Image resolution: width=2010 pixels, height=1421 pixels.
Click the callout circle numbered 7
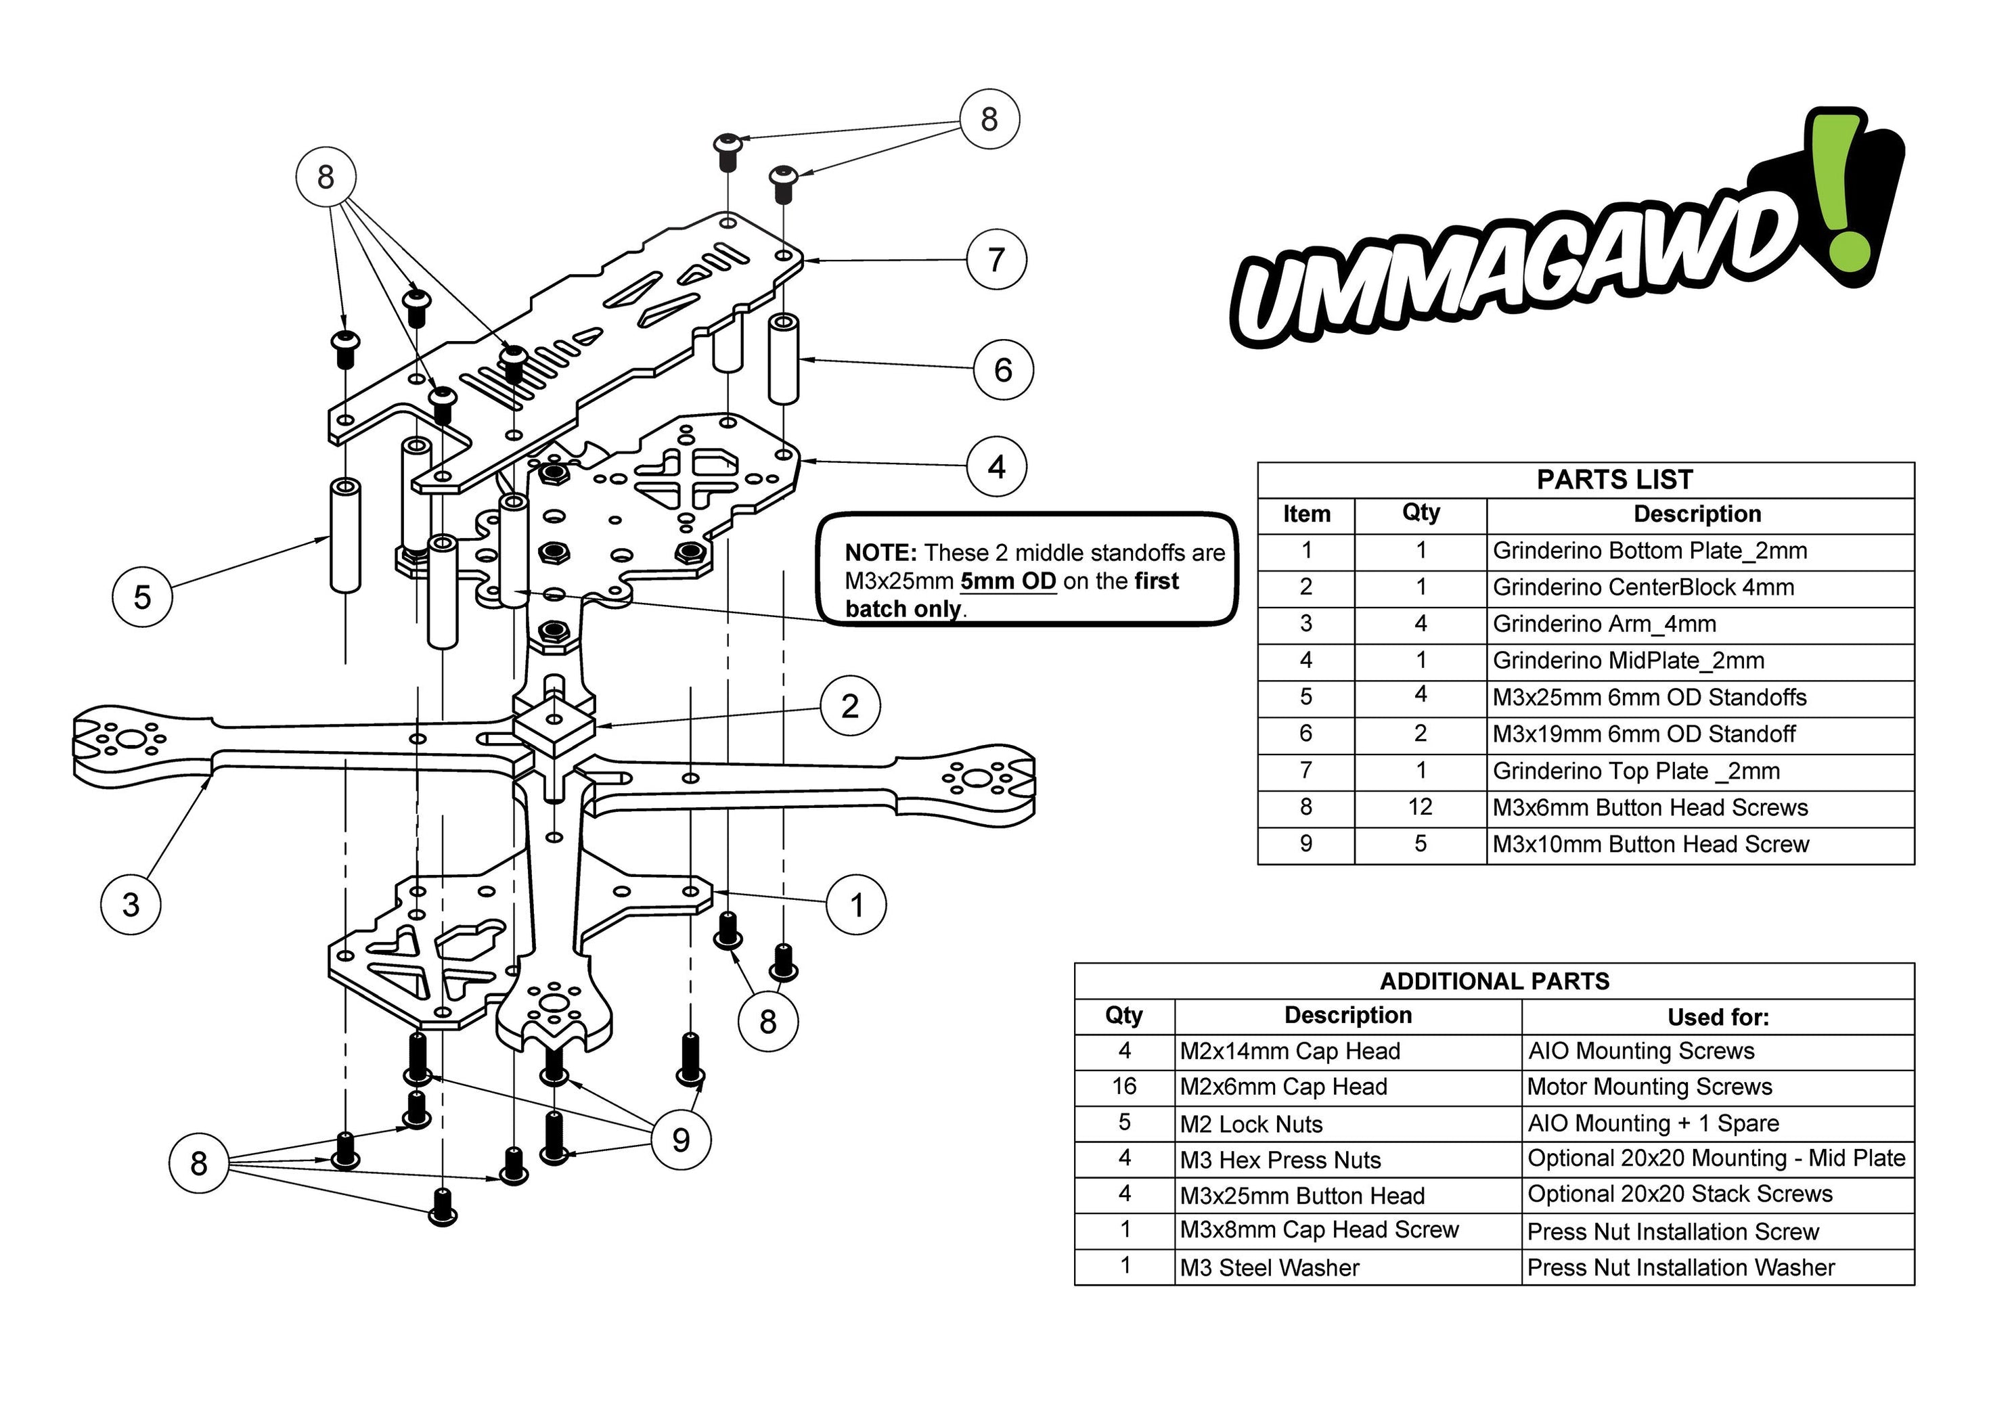click(996, 260)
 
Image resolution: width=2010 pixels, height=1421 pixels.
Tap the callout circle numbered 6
click(1003, 369)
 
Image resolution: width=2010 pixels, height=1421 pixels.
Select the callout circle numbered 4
click(996, 467)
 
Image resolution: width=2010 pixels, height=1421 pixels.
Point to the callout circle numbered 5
click(142, 597)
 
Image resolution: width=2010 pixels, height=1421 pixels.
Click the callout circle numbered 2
click(850, 706)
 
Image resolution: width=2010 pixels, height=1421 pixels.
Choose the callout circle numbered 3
click(131, 905)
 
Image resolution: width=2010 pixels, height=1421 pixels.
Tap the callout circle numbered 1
click(856, 905)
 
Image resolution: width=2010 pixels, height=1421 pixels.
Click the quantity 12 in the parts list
click(1420, 807)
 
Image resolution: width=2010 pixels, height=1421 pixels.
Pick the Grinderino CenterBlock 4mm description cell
click(1643, 587)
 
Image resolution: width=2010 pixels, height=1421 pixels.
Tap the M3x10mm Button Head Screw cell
click(1649, 844)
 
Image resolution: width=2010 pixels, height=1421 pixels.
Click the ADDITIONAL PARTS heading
click(1494, 980)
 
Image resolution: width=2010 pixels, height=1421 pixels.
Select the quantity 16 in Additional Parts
click(1124, 1087)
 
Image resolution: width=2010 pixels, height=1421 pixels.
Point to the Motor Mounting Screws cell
click(1649, 1087)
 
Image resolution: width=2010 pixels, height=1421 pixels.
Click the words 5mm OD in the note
click(1008, 581)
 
